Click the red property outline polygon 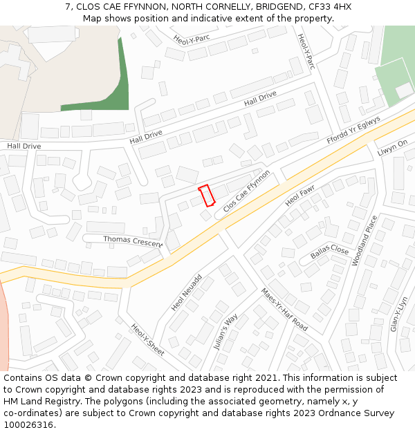[207, 196]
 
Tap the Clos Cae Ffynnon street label [247, 190]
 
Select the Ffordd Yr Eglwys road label [354, 130]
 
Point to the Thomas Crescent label [133, 240]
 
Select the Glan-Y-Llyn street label [399, 314]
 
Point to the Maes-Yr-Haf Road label [284, 310]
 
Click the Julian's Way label [226, 332]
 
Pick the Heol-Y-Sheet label [147, 340]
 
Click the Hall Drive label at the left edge [24, 147]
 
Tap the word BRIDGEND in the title [268, 6]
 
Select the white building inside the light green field [404, 90]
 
